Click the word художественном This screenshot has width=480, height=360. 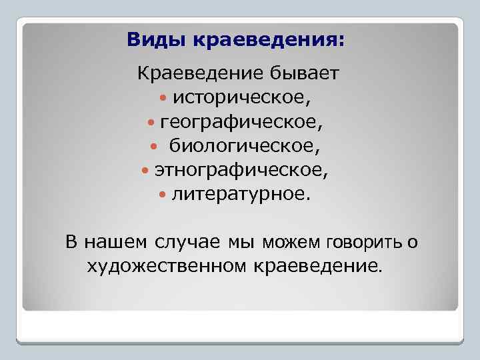pos(167,267)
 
